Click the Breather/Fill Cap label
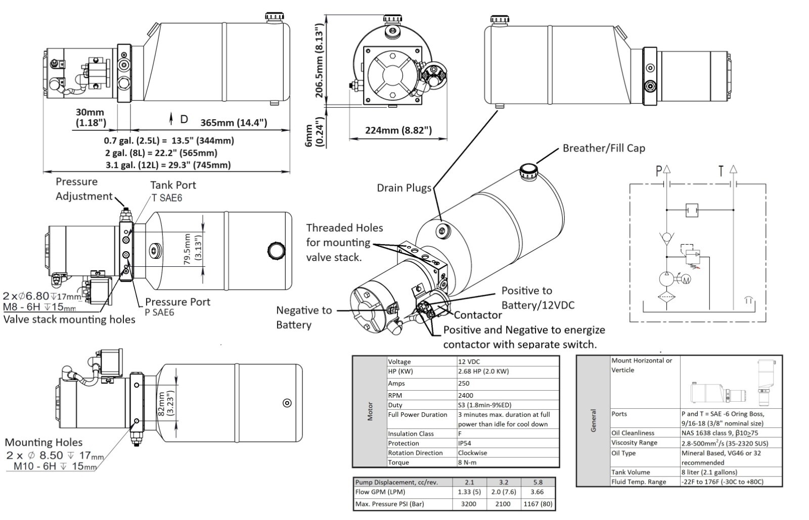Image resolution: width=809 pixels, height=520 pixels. point(604,148)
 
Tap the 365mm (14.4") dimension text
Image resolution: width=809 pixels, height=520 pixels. point(234,123)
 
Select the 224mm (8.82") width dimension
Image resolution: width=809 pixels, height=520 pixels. point(398,130)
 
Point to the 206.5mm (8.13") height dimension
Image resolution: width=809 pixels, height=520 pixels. point(319,61)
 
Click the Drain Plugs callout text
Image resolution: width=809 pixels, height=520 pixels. point(404,188)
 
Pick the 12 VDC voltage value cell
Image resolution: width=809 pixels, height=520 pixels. point(469,362)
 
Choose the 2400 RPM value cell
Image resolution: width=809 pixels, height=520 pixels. point(466,396)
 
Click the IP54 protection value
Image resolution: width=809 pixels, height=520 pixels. point(465,443)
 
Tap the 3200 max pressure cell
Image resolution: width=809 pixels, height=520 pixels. point(468,504)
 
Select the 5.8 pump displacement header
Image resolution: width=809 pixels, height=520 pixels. point(538,482)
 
